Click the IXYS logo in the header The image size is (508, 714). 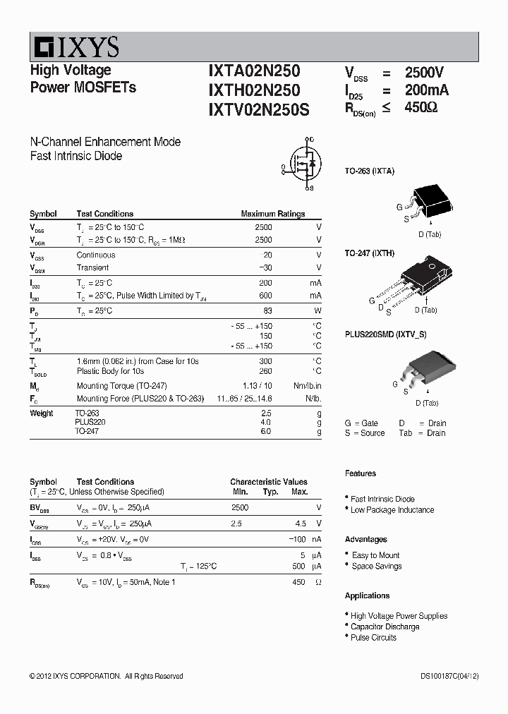[75, 47]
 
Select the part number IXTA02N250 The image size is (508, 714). [254, 71]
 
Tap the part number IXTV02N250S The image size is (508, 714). [258, 109]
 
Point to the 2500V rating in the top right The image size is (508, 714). [424, 73]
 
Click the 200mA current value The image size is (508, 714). [426, 90]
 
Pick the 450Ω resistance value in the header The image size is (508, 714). [421, 108]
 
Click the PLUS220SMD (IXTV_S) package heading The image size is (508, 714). [385, 334]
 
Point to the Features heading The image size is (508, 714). [361, 473]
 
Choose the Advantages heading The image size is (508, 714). [365, 539]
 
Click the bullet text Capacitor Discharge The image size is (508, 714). [385, 627]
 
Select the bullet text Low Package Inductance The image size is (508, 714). [392, 510]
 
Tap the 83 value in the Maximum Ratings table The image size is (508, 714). [267, 310]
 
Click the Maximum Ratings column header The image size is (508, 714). [272, 214]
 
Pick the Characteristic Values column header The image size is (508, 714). [268, 482]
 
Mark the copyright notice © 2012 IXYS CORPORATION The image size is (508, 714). [106, 676]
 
